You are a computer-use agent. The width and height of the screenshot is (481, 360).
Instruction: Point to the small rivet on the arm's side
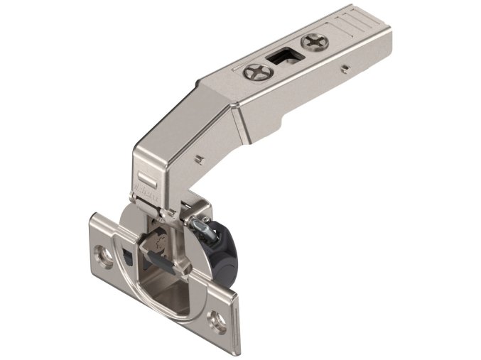click(x=345, y=70)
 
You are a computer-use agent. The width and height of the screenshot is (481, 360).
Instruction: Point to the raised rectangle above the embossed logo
click(x=144, y=171)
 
